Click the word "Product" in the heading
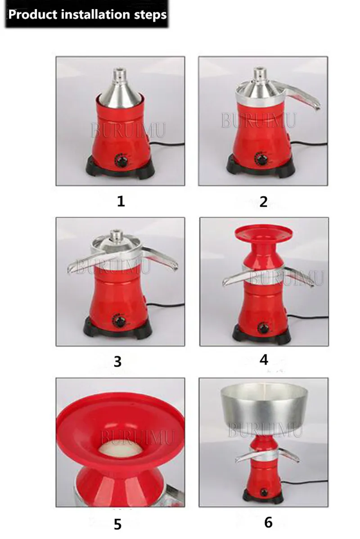pos(33,15)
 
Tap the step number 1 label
pos(121,201)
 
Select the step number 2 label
pos(263,202)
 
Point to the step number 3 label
pos(117,362)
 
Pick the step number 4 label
pos(264,359)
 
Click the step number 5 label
pos(117,524)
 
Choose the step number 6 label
pos(269,522)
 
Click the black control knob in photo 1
pos(121,161)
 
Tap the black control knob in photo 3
pos(119,321)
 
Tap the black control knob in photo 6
pos(264,492)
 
